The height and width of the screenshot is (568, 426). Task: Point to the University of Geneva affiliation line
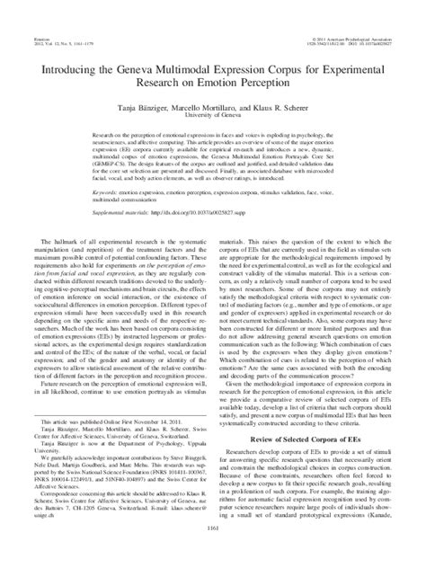[x=212, y=89]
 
